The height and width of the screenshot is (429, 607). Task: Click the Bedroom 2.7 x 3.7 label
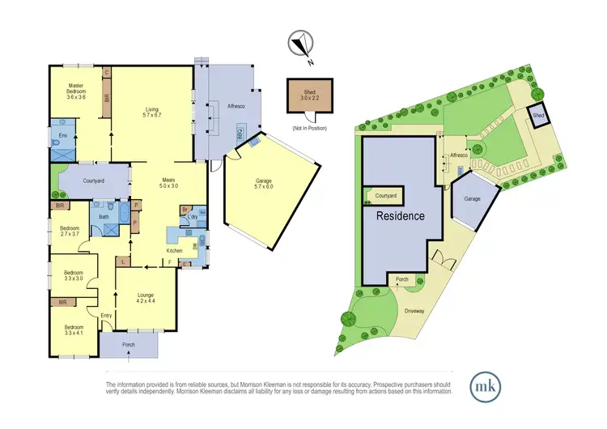point(71,231)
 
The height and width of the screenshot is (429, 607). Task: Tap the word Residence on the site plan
point(401,216)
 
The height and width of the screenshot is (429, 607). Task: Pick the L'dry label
point(193,219)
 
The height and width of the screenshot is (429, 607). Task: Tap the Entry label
point(106,315)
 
